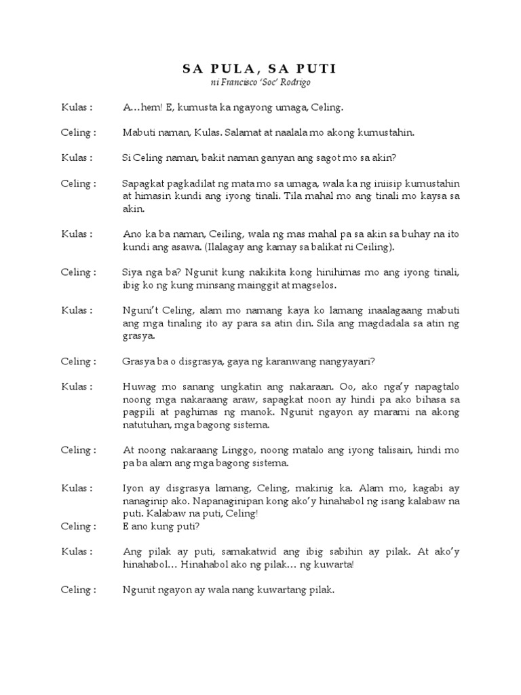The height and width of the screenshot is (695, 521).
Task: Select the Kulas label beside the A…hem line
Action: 75,107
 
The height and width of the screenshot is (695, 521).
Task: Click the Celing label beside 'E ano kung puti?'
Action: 77,526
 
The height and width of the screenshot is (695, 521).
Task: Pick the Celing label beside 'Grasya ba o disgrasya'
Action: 77,361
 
